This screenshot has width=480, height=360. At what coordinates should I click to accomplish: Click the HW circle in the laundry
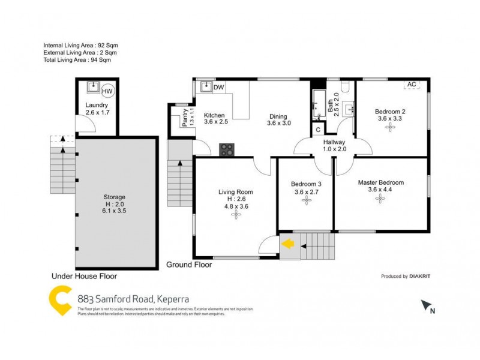(x=107, y=91)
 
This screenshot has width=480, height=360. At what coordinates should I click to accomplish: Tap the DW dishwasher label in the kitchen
(x=219, y=88)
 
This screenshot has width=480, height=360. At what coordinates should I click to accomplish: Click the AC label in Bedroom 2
(x=412, y=85)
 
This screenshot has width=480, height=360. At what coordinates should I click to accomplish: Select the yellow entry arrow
(x=288, y=244)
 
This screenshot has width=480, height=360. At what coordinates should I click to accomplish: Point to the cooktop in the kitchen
(x=227, y=149)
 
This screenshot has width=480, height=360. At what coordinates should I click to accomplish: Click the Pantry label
(x=185, y=118)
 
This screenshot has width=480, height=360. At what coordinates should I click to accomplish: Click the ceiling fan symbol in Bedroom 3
(x=307, y=202)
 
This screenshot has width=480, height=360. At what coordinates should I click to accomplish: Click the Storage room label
(x=114, y=197)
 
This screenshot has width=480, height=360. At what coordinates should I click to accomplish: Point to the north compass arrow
(x=427, y=306)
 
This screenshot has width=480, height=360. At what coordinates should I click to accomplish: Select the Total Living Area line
(x=77, y=60)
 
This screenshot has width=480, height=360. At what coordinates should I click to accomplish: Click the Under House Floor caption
(x=84, y=277)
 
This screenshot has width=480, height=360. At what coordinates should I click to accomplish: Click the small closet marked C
(x=317, y=128)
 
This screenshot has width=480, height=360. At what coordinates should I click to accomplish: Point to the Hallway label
(x=334, y=142)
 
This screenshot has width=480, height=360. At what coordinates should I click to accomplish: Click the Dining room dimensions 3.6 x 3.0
(x=278, y=124)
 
